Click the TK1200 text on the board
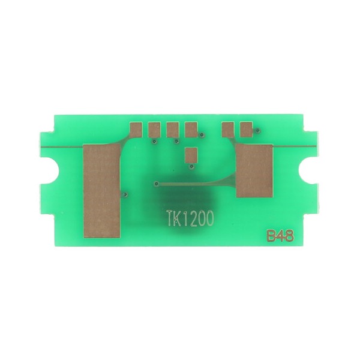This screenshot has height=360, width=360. pos(190,218)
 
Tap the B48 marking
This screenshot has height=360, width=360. pos(280,236)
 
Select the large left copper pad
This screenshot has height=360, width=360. pos(102,191)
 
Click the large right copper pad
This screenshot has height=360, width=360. pos(254,170)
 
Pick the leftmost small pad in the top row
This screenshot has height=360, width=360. pos(136,130)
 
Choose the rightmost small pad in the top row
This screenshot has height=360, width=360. pos(247,130)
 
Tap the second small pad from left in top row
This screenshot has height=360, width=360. pos(154,130)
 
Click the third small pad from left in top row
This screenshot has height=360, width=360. pos(173,130)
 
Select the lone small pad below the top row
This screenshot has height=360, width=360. pos(191,155)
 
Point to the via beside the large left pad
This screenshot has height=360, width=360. pos(125,194)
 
